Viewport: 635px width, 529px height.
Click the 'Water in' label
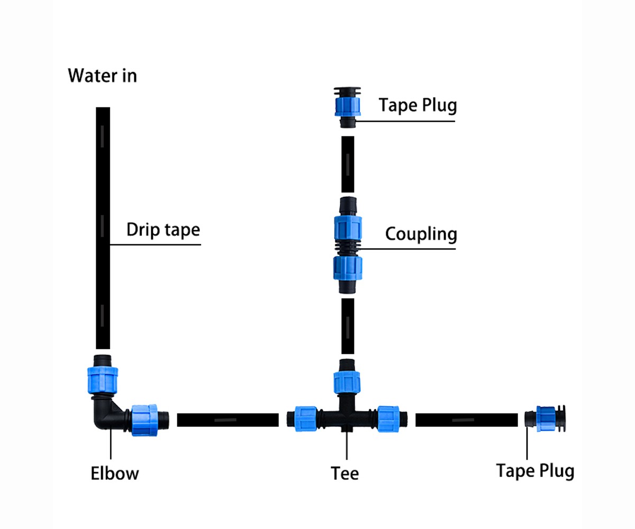(102, 76)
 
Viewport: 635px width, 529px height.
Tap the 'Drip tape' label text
(163, 230)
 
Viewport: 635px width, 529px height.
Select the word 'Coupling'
(420, 234)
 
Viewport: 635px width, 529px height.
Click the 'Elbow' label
(115, 473)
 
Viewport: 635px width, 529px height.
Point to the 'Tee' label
(344, 473)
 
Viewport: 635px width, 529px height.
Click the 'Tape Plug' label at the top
(418, 105)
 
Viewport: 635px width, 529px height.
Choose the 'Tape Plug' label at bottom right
(534, 470)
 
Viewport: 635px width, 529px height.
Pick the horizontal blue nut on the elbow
(144, 420)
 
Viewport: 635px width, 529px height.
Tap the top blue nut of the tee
(347, 382)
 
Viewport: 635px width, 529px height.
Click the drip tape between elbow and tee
(228, 420)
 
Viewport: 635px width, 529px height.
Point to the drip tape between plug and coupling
(348, 164)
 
